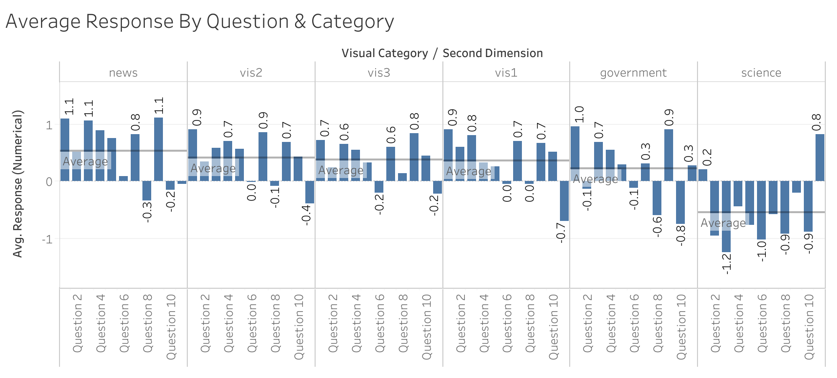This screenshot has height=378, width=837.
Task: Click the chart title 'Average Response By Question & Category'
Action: click(x=199, y=21)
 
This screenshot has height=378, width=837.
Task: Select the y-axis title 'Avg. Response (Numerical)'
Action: click(x=18, y=184)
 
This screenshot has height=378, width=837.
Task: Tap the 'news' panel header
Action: click(x=123, y=73)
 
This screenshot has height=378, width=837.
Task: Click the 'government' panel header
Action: click(x=633, y=73)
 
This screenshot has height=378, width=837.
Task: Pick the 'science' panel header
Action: click(x=761, y=73)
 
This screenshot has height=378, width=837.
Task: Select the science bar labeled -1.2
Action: click(x=726, y=217)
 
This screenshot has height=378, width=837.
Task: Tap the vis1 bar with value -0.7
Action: click(x=564, y=201)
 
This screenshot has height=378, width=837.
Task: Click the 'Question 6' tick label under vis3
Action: click(x=379, y=323)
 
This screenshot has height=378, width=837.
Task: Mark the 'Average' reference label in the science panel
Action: click(x=723, y=223)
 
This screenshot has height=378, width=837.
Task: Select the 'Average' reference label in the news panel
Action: click(x=85, y=162)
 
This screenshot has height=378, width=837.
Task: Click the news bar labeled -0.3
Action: click(x=147, y=191)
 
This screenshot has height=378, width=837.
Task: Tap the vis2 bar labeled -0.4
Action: click(x=310, y=192)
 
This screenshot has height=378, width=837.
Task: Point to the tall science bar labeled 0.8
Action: click(x=820, y=158)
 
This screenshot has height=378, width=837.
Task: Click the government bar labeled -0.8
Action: click(x=680, y=202)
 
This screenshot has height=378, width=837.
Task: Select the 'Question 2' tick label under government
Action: click(x=587, y=323)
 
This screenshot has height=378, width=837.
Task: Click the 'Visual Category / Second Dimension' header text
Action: click(x=442, y=53)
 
